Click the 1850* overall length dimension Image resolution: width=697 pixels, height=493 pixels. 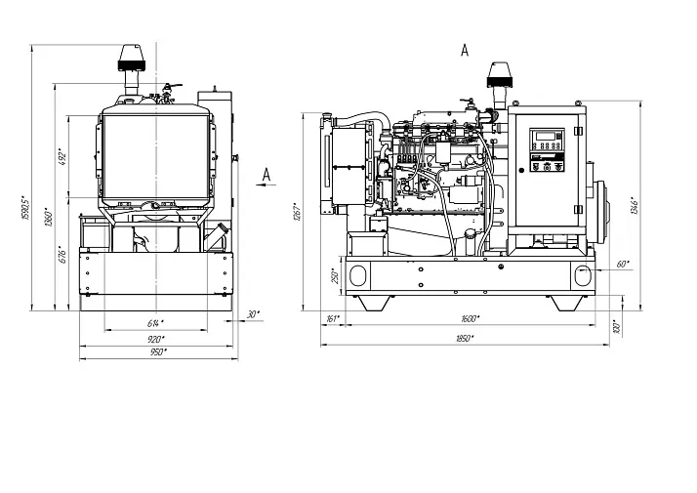464,338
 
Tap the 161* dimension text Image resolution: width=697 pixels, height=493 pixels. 331,319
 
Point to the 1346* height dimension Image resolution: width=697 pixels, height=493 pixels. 634,207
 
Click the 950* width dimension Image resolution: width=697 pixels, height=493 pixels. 157,351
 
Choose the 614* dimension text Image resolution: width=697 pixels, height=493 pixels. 155,322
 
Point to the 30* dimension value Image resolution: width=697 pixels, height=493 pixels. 254,313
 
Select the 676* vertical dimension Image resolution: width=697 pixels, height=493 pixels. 61,256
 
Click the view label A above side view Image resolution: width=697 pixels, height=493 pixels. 464,50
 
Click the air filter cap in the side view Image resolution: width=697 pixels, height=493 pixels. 498,75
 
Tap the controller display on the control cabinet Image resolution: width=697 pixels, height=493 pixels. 545,138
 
